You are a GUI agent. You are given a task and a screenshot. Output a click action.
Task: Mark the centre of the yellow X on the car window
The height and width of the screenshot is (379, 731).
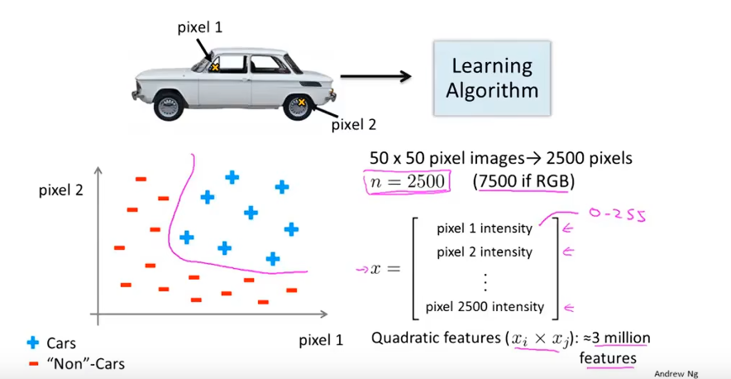[x=215, y=68]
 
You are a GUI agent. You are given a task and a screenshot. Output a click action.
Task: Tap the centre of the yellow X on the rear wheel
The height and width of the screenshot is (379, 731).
[x=302, y=102]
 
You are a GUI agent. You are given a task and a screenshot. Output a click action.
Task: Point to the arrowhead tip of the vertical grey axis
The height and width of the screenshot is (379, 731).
[x=98, y=166]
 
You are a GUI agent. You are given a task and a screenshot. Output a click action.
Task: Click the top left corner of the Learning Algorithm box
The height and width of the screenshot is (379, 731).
[x=434, y=41]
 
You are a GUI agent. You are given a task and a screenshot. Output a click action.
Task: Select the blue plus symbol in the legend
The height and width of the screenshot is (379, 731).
[x=32, y=343]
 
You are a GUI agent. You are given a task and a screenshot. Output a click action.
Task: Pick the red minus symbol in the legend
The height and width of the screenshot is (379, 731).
[x=32, y=362]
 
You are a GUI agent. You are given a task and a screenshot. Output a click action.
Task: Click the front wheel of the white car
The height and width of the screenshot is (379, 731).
[x=167, y=107]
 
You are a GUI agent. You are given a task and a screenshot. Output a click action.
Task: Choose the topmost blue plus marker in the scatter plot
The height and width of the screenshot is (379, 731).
[x=232, y=177]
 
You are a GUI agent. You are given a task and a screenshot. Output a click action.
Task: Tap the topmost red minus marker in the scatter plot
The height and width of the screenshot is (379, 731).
[x=141, y=179]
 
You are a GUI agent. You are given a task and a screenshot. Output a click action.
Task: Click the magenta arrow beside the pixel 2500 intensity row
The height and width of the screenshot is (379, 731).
[x=568, y=307]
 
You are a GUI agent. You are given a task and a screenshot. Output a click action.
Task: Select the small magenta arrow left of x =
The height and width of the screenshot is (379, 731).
[x=361, y=269]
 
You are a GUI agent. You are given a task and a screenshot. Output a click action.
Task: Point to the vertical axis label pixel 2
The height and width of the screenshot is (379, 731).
[x=60, y=190]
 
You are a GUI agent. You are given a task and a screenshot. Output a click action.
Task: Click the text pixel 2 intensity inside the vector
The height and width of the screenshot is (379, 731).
[x=485, y=252]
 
